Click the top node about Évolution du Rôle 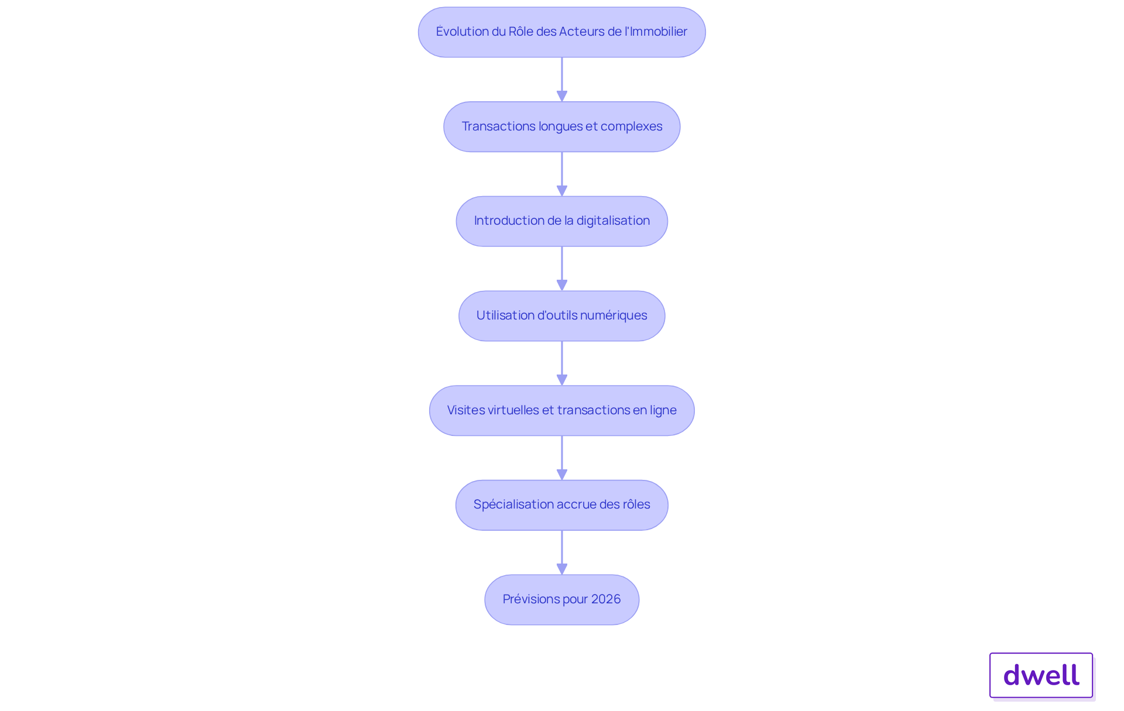pyautogui.click(x=562, y=32)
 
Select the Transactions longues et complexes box pyautogui.click(x=562, y=127)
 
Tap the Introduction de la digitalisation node pyautogui.click(x=562, y=221)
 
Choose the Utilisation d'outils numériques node pyautogui.click(x=562, y=316)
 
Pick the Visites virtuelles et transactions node pyautogui.click(x=562, y=411)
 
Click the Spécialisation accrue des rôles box pyautogui.click(x=562, y=505)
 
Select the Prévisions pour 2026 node pyautogui.click(x=562, y=600)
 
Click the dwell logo pyautogui.click(x=1041, y=675)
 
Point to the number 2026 pyautogui.click(x=606, y=599)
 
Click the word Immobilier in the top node pyautogui.click(x=659, y=32)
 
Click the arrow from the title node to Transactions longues pyautogui.click(x=562, y=80)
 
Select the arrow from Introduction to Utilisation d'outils pyautogui.click(x=562, y=269)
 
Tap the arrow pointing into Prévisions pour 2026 pyautogui.click(x=562, y=552)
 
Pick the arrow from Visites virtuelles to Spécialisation pyautogui.click(x=562, y=458)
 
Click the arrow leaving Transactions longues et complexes pyautogui.click(x=562, y=174)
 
